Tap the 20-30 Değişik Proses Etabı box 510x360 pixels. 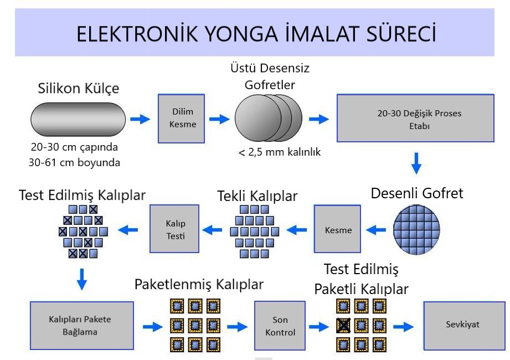pyautogui.click(x=415, y=118)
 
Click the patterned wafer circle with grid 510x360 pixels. pyautogui.click(x=419, y=228)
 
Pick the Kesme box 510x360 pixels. pyautogui.click(x=338, y=229)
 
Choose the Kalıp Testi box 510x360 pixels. pyautogui.click(x=172, y=229)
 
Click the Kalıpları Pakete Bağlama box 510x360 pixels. pyautogui.click(x=82, y=325)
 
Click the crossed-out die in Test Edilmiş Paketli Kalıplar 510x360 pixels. pyautogui.click(x=343, y=325)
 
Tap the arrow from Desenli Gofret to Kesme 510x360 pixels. pyautogui.click(x=378, y=228)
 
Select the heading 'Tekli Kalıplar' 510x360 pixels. pyautogui.click(x=257, y=196)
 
